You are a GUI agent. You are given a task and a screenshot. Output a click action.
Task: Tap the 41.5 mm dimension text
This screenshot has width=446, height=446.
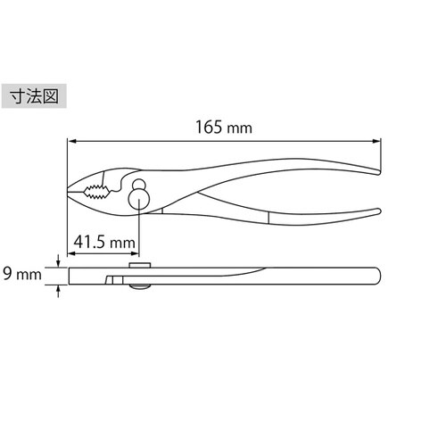click(x=104, y=242)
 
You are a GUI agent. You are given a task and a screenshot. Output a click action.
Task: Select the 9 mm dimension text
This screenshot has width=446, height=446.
click(x=21, y=274)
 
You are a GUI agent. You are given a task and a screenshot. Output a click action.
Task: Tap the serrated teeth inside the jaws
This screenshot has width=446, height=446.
click(x=94, y=191)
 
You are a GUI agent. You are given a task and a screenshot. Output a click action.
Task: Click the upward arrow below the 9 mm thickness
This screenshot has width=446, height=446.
click(x=58, y=288)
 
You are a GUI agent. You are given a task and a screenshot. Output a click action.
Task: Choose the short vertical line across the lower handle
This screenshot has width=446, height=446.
click(x=268, y=218)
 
